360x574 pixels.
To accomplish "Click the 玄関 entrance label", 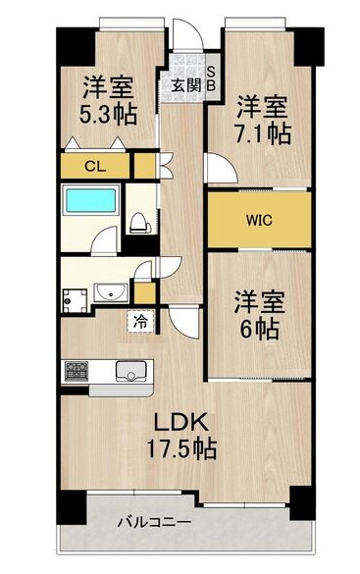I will [x=185, y=84].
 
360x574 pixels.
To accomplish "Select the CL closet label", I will [x=94, y=166].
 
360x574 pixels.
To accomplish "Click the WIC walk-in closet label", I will [x=259, y=219].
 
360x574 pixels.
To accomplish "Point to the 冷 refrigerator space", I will [x=139, y=321].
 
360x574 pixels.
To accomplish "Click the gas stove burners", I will [x=77, y=371].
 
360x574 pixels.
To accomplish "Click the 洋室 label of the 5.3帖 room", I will [x=107, y=84].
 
